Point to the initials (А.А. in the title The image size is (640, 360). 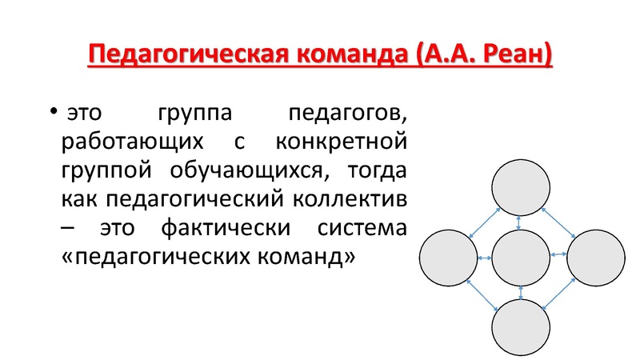444,57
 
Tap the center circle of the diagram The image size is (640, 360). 522,259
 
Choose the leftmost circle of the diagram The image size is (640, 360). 449,259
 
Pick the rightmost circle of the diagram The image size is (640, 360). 596,259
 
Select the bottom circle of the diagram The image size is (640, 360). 522,329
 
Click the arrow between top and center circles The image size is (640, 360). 522,223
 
